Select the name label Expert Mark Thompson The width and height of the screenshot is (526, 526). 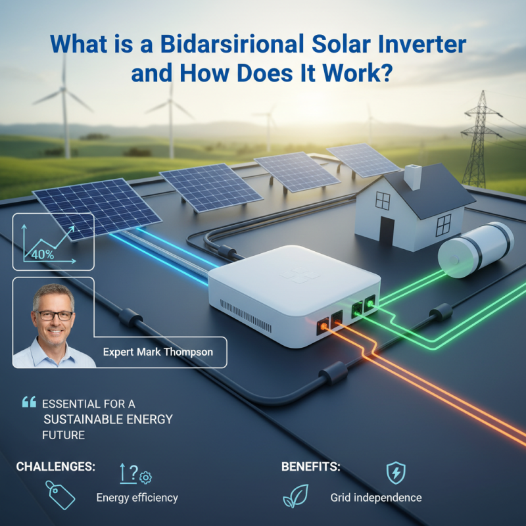158,352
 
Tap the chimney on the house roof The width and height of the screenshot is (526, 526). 413,177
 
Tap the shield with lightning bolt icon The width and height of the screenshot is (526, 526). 395,472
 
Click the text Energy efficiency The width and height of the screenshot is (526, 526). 137,498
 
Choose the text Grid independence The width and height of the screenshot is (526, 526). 375,498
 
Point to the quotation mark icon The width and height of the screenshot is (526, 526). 28,401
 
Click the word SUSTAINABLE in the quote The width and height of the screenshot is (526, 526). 78,419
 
